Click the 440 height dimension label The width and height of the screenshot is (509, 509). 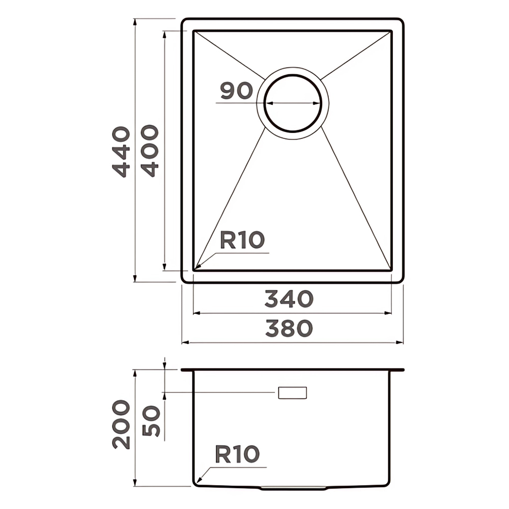(x=121, y=152)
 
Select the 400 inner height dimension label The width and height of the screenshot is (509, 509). (x=150, y=151)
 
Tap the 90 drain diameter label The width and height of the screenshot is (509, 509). (x=236, y=91)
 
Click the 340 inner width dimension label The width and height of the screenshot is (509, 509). (x=289, y=299)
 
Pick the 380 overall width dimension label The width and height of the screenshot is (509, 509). (x=289, y=328)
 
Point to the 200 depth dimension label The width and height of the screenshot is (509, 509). (x=121, y=425)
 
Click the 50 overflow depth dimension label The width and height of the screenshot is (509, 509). (x=151, y=421)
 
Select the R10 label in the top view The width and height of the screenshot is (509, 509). (x=242, y=240)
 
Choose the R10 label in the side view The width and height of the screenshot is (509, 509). (x=237, y=454)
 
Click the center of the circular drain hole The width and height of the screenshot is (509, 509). (x=293, y=103)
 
